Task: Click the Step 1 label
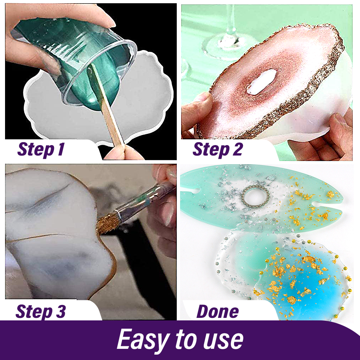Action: coord(41,149)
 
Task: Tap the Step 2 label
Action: coord(217,149)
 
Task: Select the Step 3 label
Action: coord(41,311)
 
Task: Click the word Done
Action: coord(218,311)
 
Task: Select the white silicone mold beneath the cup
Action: coord(101,103)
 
